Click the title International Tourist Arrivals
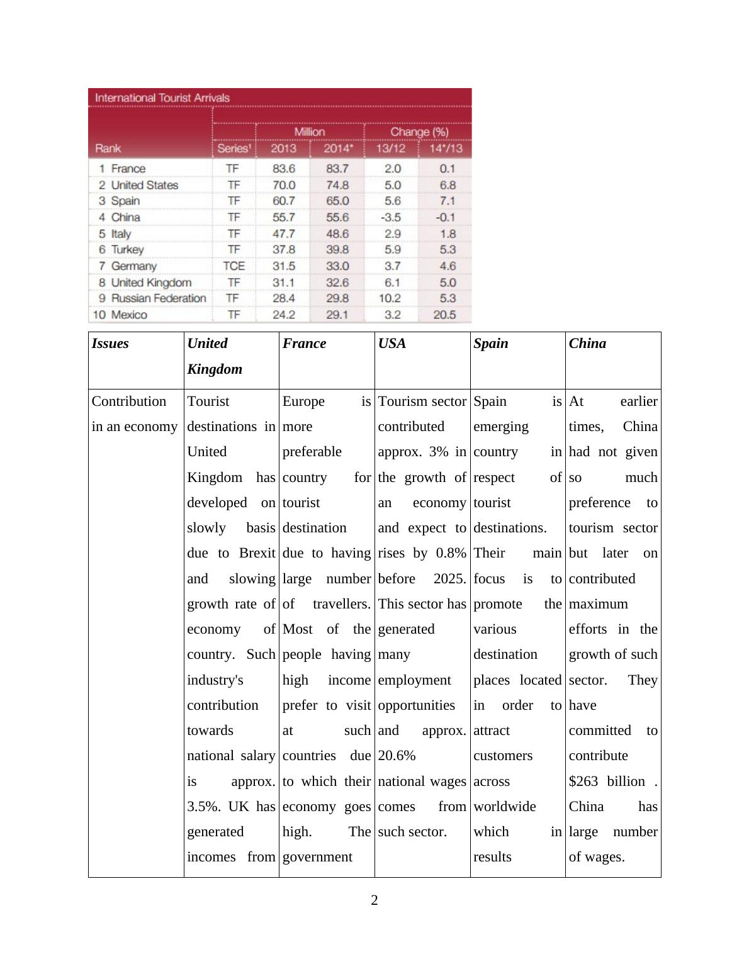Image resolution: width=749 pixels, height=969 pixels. click(162, 98)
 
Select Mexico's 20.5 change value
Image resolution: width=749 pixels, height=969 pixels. click(444, 315)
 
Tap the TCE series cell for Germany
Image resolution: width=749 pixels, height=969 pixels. click(234, 266)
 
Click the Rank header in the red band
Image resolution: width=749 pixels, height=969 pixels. click(108, 148)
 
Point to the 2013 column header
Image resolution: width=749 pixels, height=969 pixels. click(283, 148)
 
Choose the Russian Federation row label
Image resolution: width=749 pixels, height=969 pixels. click(158, 298)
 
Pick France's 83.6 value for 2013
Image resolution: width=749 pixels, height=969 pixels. click(284, 169)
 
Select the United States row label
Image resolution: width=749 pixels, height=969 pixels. click(144, 185)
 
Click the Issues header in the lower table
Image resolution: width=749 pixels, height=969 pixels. click(110, 344)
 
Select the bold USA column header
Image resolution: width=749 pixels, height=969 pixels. click(391, 344)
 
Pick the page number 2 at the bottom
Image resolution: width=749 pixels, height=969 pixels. click(374, 900)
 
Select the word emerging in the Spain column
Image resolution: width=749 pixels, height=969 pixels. click(501, 427)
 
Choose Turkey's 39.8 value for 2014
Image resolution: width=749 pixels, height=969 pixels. click(337, 250)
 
